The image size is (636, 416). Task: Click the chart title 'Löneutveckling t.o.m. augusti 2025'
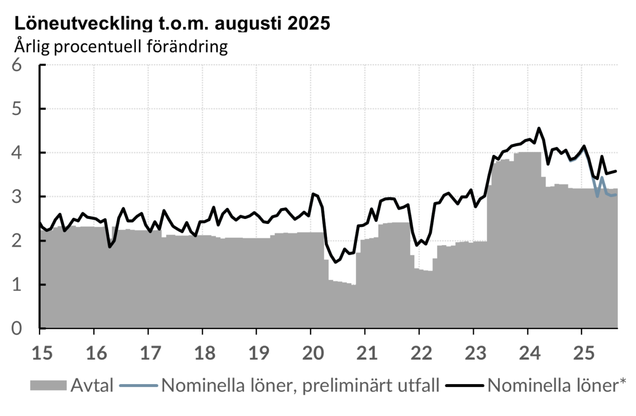coord(172,24)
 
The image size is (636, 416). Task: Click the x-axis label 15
coord(40,352)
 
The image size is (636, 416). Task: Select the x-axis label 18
coord(202,352)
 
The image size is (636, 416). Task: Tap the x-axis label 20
coord(311,352)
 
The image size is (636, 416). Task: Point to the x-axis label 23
coord(473,352)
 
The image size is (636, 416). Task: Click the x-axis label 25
coord(582,352)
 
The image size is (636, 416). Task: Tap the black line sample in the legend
coord(465,386)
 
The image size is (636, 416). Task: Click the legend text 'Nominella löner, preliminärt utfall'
coord(300,386)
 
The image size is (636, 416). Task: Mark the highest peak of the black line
coord(539,128)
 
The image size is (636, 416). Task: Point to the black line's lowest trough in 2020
coord(336,262)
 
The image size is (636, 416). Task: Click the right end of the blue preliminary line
coord(616,195)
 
